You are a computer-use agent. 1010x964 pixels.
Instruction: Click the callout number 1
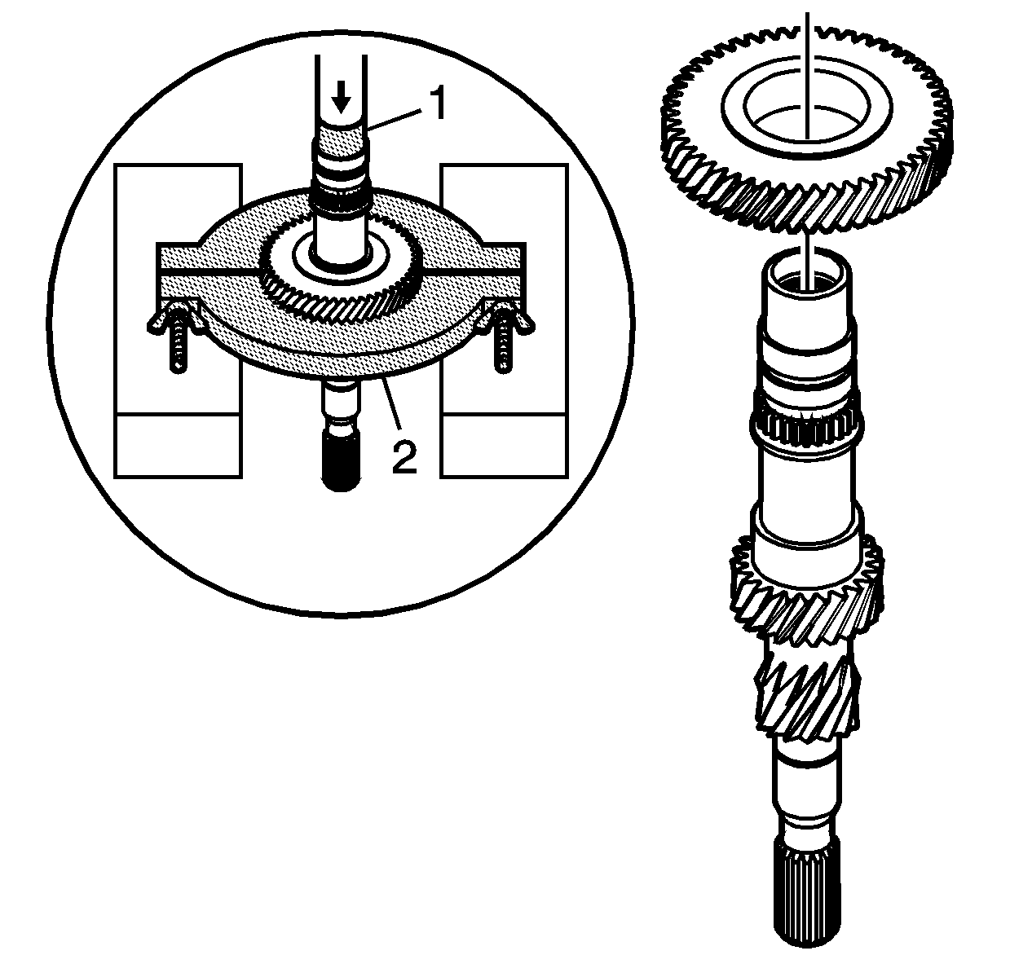coord(438,103)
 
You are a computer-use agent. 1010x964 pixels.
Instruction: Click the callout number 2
coord(404,457)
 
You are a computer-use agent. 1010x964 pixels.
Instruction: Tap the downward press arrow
coord(341,96)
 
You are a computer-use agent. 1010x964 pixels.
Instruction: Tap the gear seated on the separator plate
coord(341,274)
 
